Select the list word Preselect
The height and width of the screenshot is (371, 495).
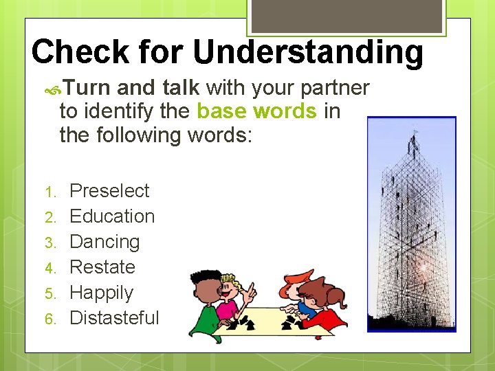click(x=109, y=190)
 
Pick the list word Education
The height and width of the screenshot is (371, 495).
click(x=112, y=216)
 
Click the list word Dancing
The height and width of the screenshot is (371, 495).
click(x=104, y=242)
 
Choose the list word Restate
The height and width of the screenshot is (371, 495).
click(x=102, y=267)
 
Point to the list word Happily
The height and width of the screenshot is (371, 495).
click(x=101, y=293)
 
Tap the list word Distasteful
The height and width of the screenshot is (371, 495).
click(x=114, y=318)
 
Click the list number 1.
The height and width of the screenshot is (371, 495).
click(x=58, y=192)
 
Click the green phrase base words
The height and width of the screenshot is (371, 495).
click(x=256, y=111)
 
